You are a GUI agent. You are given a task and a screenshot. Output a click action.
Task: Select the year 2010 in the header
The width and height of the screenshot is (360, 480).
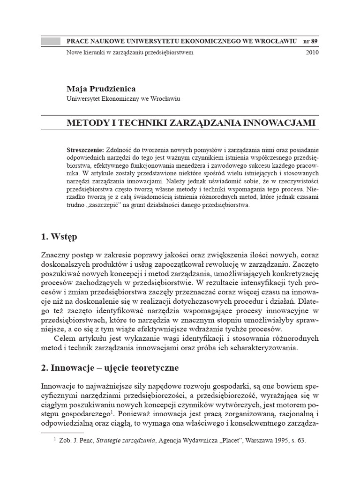click(312, 52)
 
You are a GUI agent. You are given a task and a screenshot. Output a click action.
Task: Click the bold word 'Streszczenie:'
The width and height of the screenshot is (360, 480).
click(86, 150)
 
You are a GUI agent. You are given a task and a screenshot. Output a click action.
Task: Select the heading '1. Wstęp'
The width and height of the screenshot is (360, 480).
click(59, 236)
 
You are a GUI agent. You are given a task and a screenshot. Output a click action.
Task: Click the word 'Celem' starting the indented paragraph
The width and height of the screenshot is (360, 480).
click(65, 338)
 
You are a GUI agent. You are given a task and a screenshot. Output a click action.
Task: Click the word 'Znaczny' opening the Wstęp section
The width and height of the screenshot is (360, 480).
click(56, 255)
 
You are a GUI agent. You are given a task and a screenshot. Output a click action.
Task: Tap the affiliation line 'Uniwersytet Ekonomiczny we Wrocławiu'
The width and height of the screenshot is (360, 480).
click(124, 99)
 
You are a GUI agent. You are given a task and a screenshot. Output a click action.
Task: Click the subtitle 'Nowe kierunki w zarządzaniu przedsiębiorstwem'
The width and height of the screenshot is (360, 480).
click(130, 52)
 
